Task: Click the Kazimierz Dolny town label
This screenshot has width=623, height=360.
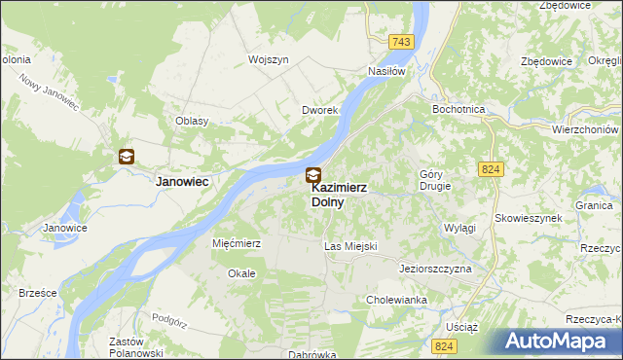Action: [x=339, y=195]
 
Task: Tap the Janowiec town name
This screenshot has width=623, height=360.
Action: [x=185, y=181]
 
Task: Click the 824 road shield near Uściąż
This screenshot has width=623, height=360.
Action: [x=446, y=346]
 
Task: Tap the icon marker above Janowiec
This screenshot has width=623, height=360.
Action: [x=127, y=156]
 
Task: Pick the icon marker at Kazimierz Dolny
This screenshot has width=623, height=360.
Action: [x=312, y=176]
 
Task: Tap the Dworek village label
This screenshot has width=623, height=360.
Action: [x=319, y=111]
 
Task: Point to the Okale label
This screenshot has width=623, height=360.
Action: [x=241, y=273]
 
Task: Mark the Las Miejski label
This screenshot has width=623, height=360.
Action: [x=350, y=247]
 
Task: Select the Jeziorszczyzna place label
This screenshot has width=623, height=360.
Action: [x=435, y=268]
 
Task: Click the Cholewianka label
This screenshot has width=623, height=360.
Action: [x=397, y=301]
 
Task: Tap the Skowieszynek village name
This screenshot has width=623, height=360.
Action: [x=529, y=218]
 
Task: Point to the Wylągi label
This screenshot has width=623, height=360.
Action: [x=459, y=227]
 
